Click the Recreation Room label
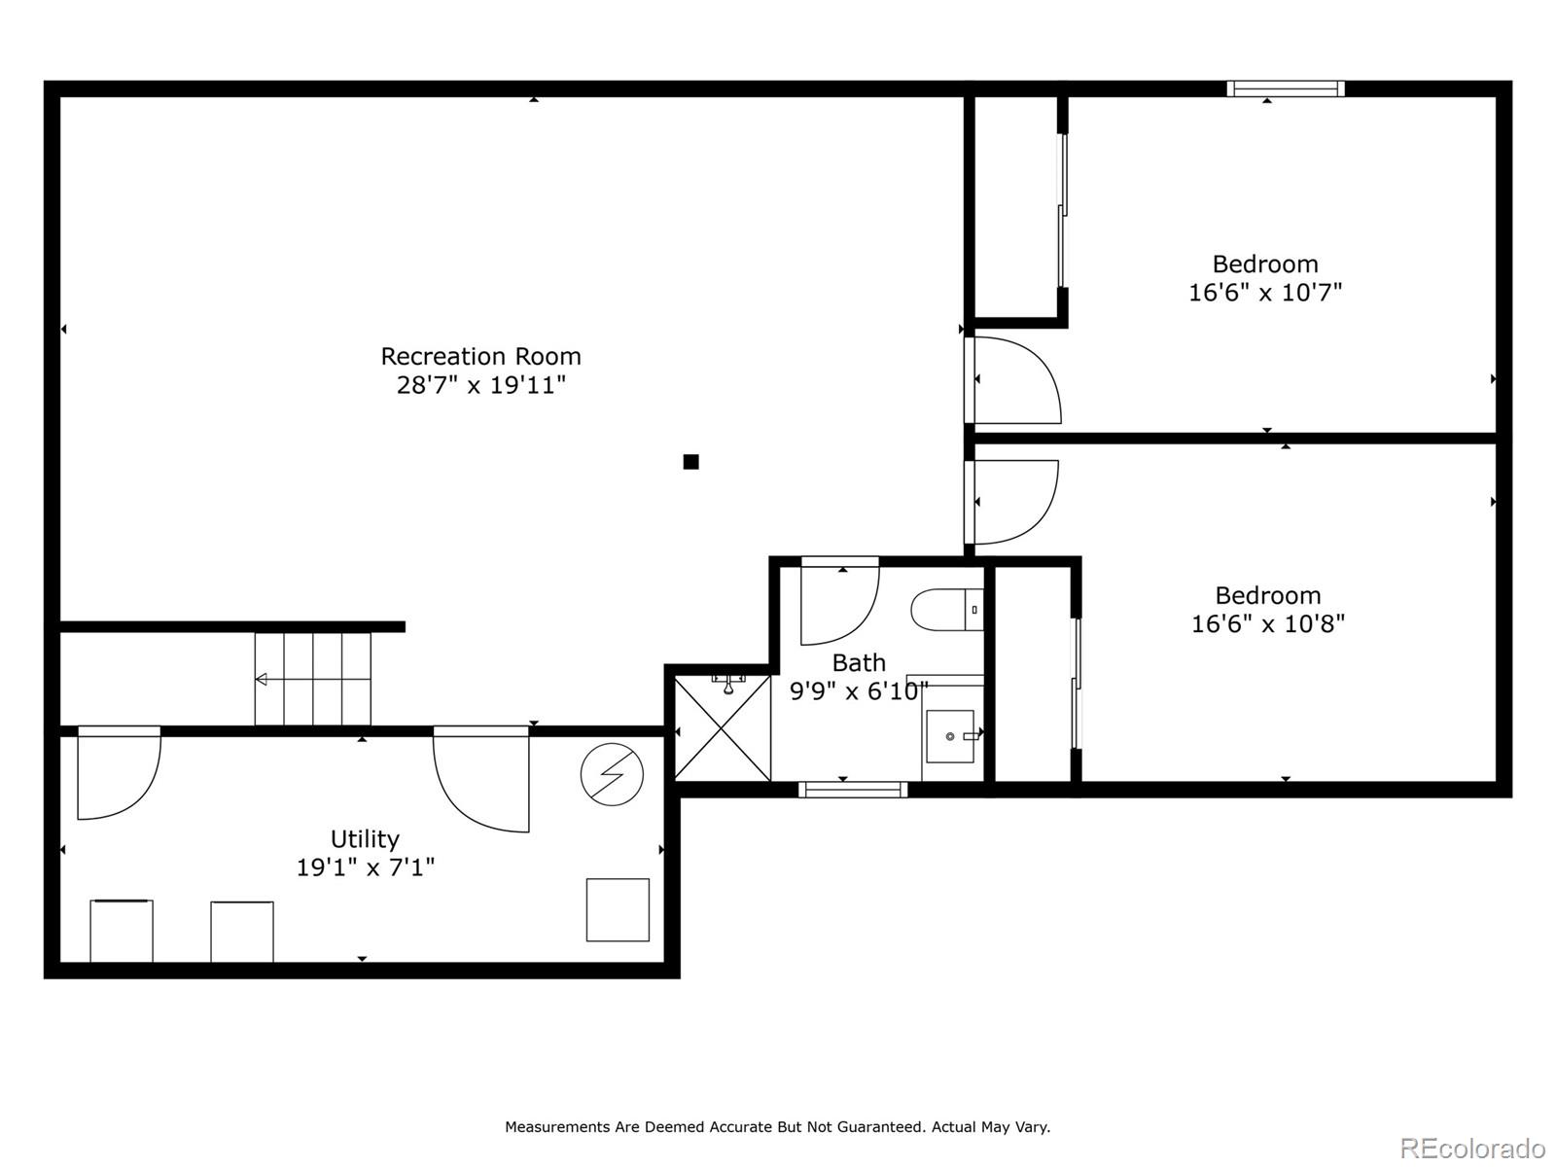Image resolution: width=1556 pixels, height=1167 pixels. point(480,356)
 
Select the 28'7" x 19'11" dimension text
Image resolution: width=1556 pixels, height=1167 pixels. point(480,385)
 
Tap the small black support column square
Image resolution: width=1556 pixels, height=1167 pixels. point(690,462)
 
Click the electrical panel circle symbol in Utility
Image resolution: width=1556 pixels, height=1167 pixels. point(612,774)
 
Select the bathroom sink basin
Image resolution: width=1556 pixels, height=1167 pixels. point(950,736)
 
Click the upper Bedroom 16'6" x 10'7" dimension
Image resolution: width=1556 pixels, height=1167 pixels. point(1264,292)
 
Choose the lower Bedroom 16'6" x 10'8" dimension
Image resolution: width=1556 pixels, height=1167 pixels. point(1267,623)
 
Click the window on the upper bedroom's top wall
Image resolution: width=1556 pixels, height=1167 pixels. point(1285,88)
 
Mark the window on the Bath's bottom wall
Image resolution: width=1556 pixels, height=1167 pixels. point(853,790)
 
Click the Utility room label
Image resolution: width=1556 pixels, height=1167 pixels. point(365,838)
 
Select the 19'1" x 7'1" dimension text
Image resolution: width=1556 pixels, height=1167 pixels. point(365,867)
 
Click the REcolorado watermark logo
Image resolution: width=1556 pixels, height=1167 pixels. point(1472,1148)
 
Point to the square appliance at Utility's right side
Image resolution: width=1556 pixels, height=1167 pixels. point(618,910)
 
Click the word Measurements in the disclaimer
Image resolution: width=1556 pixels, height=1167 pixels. point(557,1127)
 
